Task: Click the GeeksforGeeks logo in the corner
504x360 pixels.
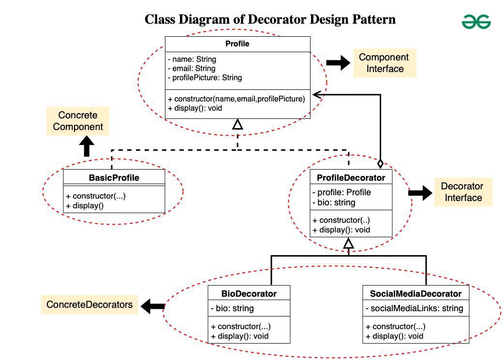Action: [x=476, y=22]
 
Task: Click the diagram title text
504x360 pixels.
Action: [x=270, y=19]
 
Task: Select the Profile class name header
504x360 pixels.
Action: [x=237, y=44]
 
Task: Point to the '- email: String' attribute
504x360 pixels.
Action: [x=192, y=69]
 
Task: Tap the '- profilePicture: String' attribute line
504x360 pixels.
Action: [x=205, y=78]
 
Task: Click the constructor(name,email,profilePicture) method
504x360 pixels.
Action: [x=237, y=99]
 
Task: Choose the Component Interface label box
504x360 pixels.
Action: [x=384, y=63]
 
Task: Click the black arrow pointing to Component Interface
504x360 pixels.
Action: [x=338, y=63]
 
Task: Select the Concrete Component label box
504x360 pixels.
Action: [x=78, y=121]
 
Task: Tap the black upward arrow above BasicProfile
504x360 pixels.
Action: [x=87, y=146]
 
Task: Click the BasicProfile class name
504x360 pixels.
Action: [x=114, y=178]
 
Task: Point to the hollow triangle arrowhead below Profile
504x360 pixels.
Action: [x=237, y=125]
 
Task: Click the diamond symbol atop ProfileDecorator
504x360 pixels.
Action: [x=381, y=163]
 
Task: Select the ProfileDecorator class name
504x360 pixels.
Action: [x=351, y=178]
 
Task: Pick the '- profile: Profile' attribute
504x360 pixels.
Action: [x=341, y=192]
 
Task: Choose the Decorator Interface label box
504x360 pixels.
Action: [x=462, y=192]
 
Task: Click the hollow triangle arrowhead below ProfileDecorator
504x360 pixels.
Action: [x=348, y=244]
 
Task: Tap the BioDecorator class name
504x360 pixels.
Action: [x=249, y=294]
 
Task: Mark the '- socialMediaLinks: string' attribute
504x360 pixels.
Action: [x=414, y=308]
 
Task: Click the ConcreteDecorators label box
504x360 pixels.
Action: [x=89, y=305]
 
